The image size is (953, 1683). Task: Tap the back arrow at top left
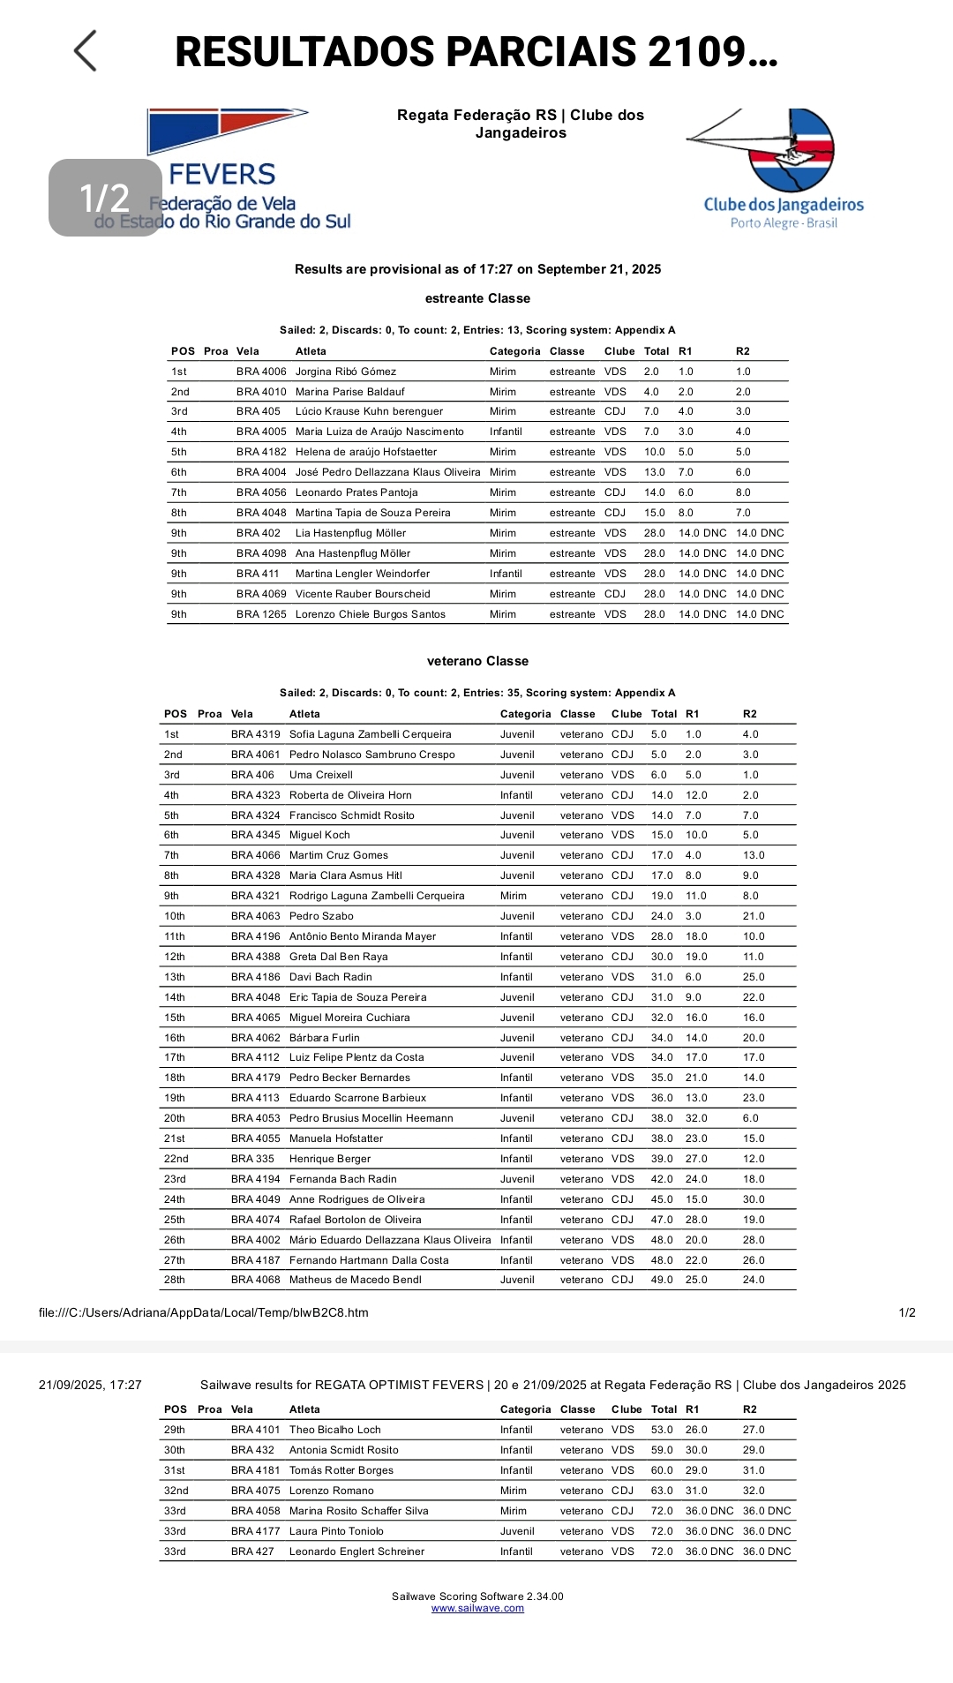point(86,51)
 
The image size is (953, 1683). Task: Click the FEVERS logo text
point(222,175)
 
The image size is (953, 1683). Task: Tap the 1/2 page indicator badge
point(105,198)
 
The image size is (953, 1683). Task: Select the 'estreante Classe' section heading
point(477,298)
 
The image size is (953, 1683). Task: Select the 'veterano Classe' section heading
point(477,661)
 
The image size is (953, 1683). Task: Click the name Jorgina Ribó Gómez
point(346,372)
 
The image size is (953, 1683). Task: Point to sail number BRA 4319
point(255,734)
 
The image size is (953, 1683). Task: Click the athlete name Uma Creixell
point(321,775)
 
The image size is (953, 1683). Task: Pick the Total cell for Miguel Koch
point(662,835)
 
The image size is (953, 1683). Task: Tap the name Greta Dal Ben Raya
point(339,957)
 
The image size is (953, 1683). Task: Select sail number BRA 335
point(252,1159)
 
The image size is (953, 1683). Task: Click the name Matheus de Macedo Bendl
point(356,1280)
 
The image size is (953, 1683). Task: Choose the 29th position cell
point(175,1430)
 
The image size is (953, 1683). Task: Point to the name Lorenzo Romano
point(332,1491)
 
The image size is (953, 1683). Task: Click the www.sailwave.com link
point(477,1608)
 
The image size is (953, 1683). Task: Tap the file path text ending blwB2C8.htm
point(204,1312)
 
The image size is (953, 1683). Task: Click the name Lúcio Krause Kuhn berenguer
point(369,411)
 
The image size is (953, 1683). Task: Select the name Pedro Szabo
point(321,916)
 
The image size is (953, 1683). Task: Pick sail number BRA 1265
point(261,614)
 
